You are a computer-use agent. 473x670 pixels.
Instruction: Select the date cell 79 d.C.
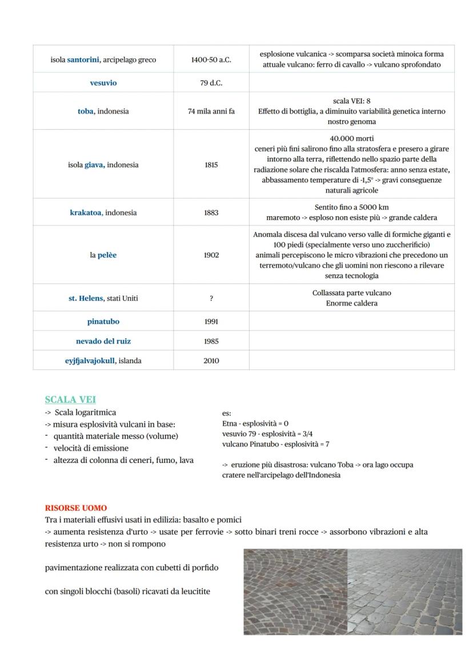211,83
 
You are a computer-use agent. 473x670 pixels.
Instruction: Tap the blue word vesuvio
103,83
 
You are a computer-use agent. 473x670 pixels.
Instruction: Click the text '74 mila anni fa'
211,112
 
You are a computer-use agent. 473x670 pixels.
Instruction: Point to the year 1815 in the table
211,165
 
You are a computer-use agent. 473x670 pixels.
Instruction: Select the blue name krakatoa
86,213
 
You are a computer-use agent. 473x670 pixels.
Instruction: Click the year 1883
211,213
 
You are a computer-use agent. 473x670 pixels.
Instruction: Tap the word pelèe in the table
107,255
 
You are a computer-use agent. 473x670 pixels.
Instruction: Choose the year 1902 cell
211,255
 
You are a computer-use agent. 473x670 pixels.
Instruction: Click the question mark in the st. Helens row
211,298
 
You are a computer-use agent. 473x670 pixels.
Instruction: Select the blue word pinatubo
103,322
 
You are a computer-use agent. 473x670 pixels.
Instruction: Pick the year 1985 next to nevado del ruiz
211,341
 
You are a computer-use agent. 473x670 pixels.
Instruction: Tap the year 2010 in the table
211,361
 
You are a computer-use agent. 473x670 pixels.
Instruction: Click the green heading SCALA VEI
70,400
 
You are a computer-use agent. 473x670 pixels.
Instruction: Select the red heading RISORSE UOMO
76,508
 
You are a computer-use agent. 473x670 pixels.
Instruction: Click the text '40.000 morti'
351,138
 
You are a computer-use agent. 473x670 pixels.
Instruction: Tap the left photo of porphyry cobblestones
295,592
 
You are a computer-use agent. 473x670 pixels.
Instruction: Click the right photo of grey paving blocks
404,592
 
